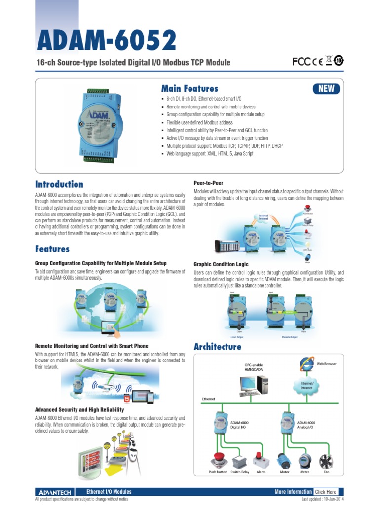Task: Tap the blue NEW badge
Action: [x=326, y=89]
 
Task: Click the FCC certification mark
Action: [x=301, y=61]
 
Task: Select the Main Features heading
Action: [x=189, y=89]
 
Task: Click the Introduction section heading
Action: [x=59, y=184]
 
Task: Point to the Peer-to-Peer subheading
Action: [x=209, y=183]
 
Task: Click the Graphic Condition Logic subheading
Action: [x=221, y=264]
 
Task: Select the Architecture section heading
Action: [x=218, y=347]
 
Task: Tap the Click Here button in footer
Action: [x=326, y=492]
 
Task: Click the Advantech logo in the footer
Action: [x=55, y=492]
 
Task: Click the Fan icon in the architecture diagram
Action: [x=327, y=461]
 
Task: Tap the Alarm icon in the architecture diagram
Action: [x=260, y=460]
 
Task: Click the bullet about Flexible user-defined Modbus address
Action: [x=200, y=122]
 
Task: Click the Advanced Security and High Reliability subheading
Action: [x=79, y=410]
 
